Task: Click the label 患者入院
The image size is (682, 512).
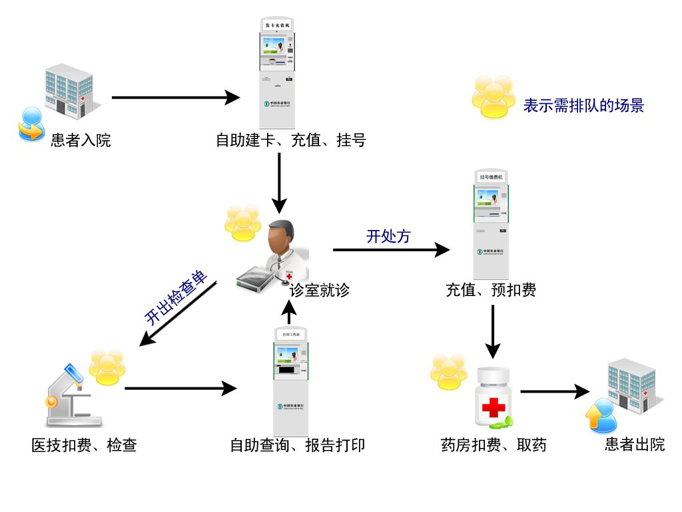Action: pyautogui.click(x=81, y=141)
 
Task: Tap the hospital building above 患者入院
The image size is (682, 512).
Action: pyautogui.click(x=69, y=89)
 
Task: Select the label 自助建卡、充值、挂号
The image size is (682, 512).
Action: pyautogui.click(x=290, y=141)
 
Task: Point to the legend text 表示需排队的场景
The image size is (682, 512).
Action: pyautogui.click(x=583, y=105)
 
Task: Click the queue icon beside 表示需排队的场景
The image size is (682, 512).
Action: pyautogui.click(x=494, y=97)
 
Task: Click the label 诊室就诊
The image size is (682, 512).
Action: pyautogui.click(x=319, y=290)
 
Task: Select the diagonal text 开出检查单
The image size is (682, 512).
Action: pyautogui.click(x=176, y=299)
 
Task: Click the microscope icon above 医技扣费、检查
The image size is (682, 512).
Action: pyautogui.click(x=72, y=397)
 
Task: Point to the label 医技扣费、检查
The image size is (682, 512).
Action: pyautogui.click(x=84, y=445)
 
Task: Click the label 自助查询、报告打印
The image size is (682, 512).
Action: pyautogui.click(x=297, y=445)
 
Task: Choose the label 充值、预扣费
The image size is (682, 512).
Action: pyautogui.click(x=491, y=290)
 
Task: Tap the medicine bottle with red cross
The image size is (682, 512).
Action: pyautogui.click(x=493, y=397)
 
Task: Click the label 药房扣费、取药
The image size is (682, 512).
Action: pyautogui.click(x=494, y=445)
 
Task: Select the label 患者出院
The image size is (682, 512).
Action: pyautogui.click(x=635, y=445)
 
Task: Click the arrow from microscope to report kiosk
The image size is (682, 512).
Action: pyautogui.click(x=180, y=388)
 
